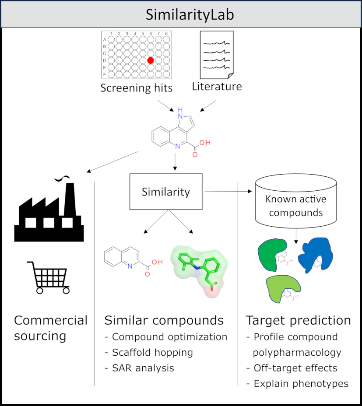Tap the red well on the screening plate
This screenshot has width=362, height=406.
pyautogui.click(x=151, y=60)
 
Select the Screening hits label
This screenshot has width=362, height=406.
pyautogui.click(x=137, y=88)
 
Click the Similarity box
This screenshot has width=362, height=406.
pyautogui.click(x=165, y=192)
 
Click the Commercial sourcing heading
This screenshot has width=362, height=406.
pyautogui.click(x=50, y=328)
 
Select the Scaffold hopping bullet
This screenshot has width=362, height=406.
pyautogui.click(x=149, y=352)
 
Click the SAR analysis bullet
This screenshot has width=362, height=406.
pyautogui.click(x=140, y=368)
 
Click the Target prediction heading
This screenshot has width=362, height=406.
pyautogui.click(x=298, y=321)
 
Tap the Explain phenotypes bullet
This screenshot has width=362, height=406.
pyautogui.click(x=297, y=384)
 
